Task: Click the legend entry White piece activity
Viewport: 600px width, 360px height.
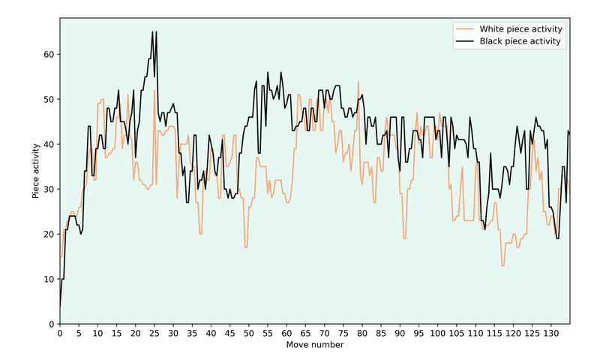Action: coord(520,28)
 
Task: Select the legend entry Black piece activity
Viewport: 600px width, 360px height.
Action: coord(520,41)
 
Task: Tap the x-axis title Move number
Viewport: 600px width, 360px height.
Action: coord(315,345)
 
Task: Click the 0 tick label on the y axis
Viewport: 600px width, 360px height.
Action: coord(51,324)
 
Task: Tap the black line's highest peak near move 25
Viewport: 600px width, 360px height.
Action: coord(152,31)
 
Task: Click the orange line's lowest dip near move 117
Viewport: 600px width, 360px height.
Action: coord(502,265)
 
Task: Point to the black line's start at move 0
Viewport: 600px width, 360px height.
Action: coord(60,306)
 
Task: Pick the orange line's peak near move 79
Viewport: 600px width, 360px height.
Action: coord(358,81)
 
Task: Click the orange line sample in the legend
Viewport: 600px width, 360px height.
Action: coord(465,28)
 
